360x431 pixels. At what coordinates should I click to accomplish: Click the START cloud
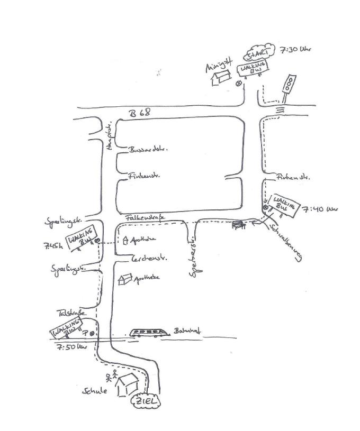260,53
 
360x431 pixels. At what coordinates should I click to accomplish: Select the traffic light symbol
289,86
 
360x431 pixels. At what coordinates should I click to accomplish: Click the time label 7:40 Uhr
320,210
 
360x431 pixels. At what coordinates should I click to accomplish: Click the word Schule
95,391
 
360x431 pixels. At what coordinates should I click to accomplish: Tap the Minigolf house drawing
220,78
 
